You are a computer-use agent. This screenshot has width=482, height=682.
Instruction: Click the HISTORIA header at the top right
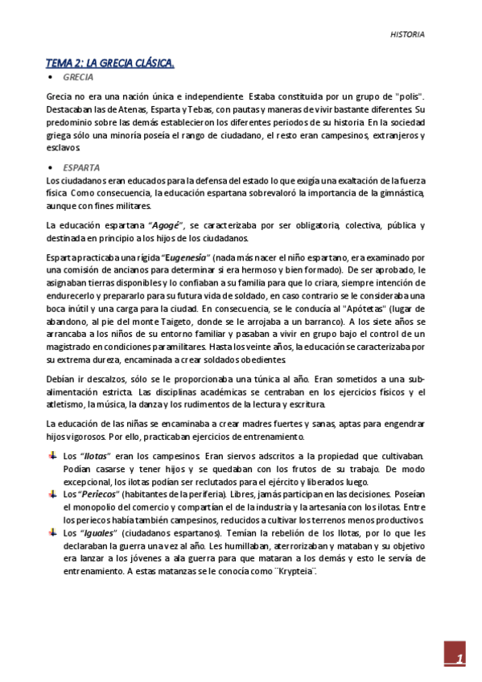(407, 35)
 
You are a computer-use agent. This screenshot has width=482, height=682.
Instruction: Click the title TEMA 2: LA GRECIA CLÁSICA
(110, 63)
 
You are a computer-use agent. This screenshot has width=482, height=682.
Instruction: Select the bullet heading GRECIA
(78, 77)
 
